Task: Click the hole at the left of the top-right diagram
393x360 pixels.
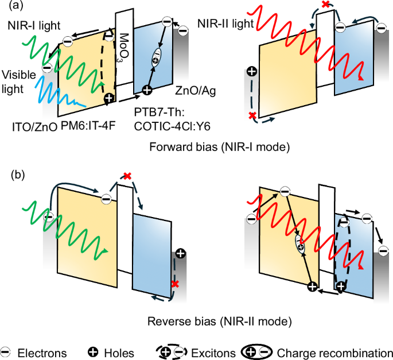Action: (x=250, y=72)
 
